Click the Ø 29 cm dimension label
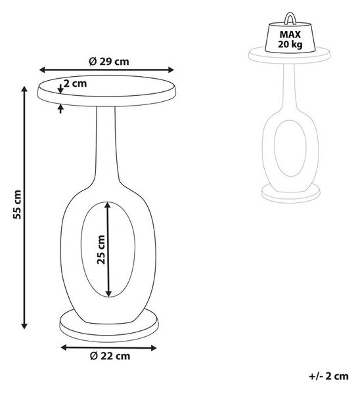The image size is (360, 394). [109, 61]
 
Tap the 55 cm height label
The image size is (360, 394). [17, 204]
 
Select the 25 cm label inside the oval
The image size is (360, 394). [101, 250]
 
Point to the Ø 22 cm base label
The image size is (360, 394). [110, 356]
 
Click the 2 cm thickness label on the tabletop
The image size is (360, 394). [75, 83]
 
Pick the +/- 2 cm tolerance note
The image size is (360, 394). [328, 376]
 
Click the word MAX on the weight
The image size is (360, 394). [290, 34]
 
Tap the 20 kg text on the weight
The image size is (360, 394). [290, 44]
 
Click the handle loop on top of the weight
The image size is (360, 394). [290, 19]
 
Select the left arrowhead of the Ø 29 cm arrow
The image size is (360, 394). [43, 70]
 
